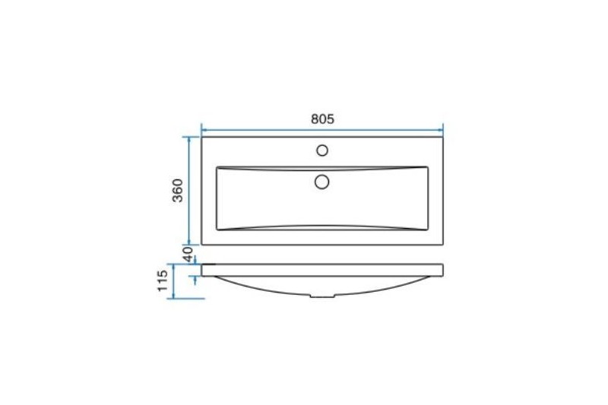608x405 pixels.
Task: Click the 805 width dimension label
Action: click(x=322, y=119)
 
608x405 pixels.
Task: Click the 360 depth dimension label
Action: click(x=178, y=190)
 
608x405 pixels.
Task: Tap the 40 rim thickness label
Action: click(x=188, y=255)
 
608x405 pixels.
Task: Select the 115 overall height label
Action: click(x=163, y=280)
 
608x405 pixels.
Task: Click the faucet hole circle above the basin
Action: click(x=322, y=150)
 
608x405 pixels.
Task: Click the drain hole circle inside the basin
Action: click(x=321, y=182)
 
